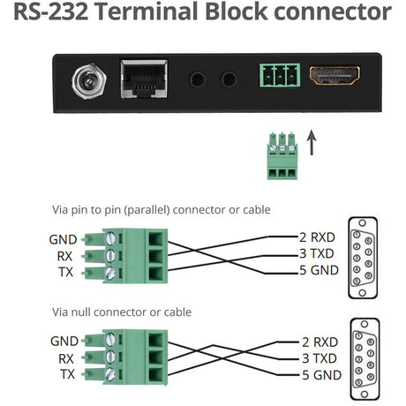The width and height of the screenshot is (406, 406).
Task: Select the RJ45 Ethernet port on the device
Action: [x=139, y=79]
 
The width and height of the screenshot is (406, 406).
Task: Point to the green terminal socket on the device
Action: [x=279, y=75]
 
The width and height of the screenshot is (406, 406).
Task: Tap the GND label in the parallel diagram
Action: [x=64, y=238]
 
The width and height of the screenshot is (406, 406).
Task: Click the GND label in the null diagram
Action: [x=64, y=341]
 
